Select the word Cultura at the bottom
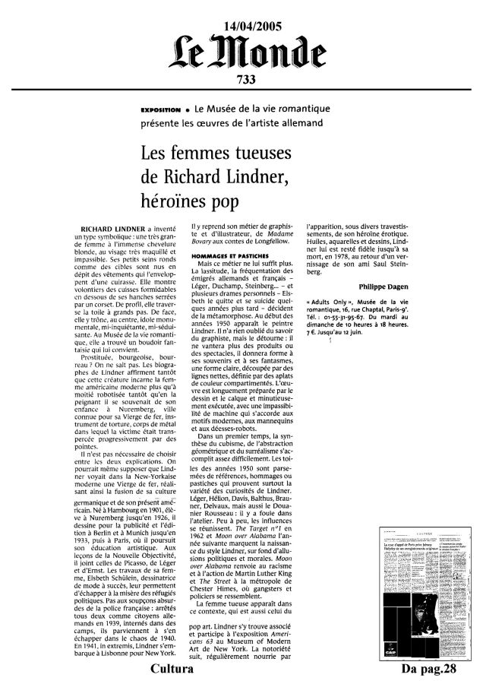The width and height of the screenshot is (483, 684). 171,672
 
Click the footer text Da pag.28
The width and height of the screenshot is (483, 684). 432,672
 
